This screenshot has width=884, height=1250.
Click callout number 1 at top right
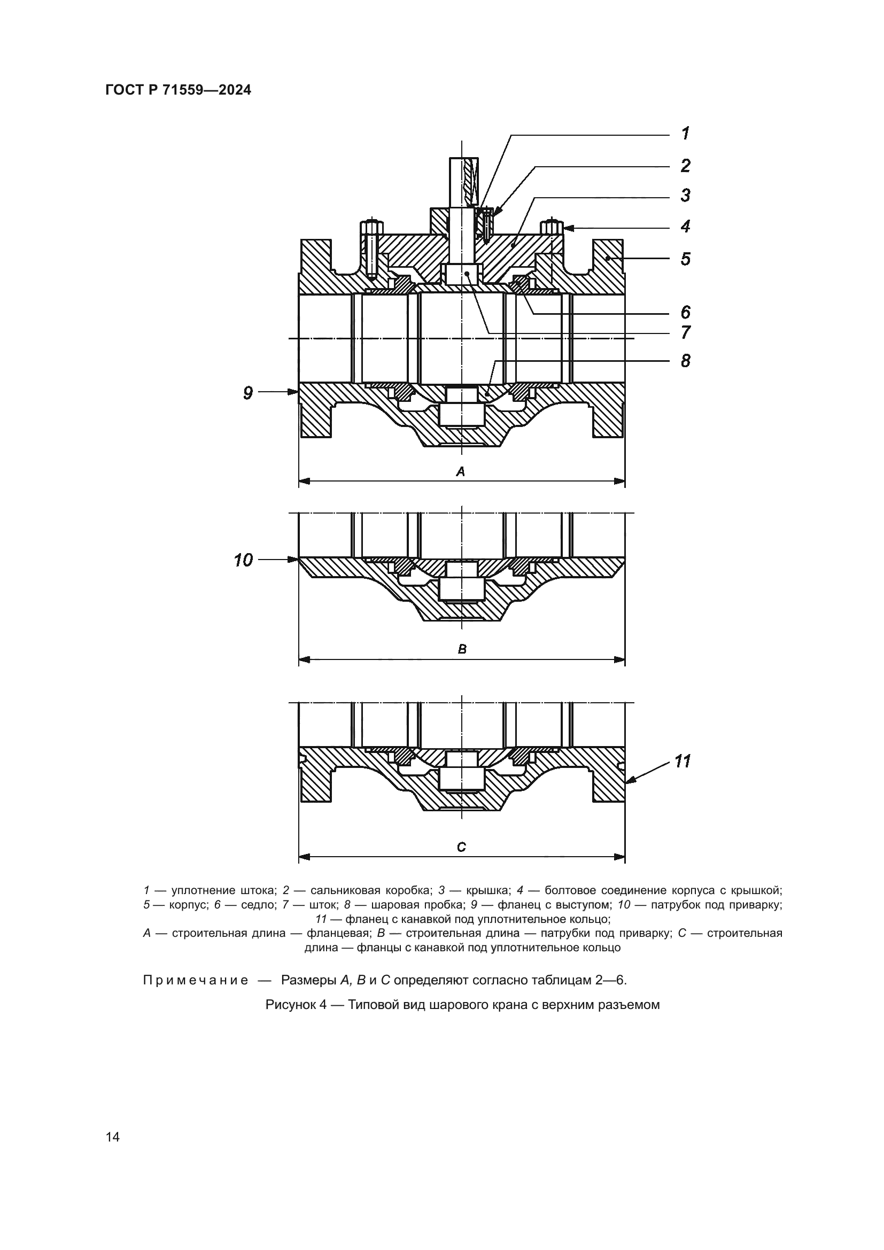tap(686, 134)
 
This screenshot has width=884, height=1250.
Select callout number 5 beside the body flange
tap(686, 259)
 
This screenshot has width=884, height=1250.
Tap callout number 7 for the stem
tap(686, 332)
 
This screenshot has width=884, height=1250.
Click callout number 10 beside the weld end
tap(243, 560)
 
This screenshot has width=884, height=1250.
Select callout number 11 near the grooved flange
tap(683, 761)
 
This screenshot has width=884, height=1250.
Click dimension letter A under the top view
tap(461, 472)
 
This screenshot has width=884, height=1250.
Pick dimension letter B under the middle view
tap(462, 649)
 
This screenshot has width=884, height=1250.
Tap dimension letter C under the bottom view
tap(462, 847)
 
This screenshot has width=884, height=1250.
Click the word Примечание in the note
tap(196, 981)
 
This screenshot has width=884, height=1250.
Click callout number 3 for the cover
tap(686, 195)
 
